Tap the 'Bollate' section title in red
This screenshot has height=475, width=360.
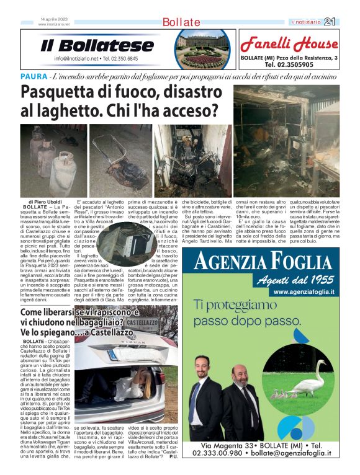click(x=181, y=22)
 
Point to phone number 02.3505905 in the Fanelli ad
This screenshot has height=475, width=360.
click(x=289, y=64)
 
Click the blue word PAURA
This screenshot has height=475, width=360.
click(x=34, y=76)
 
